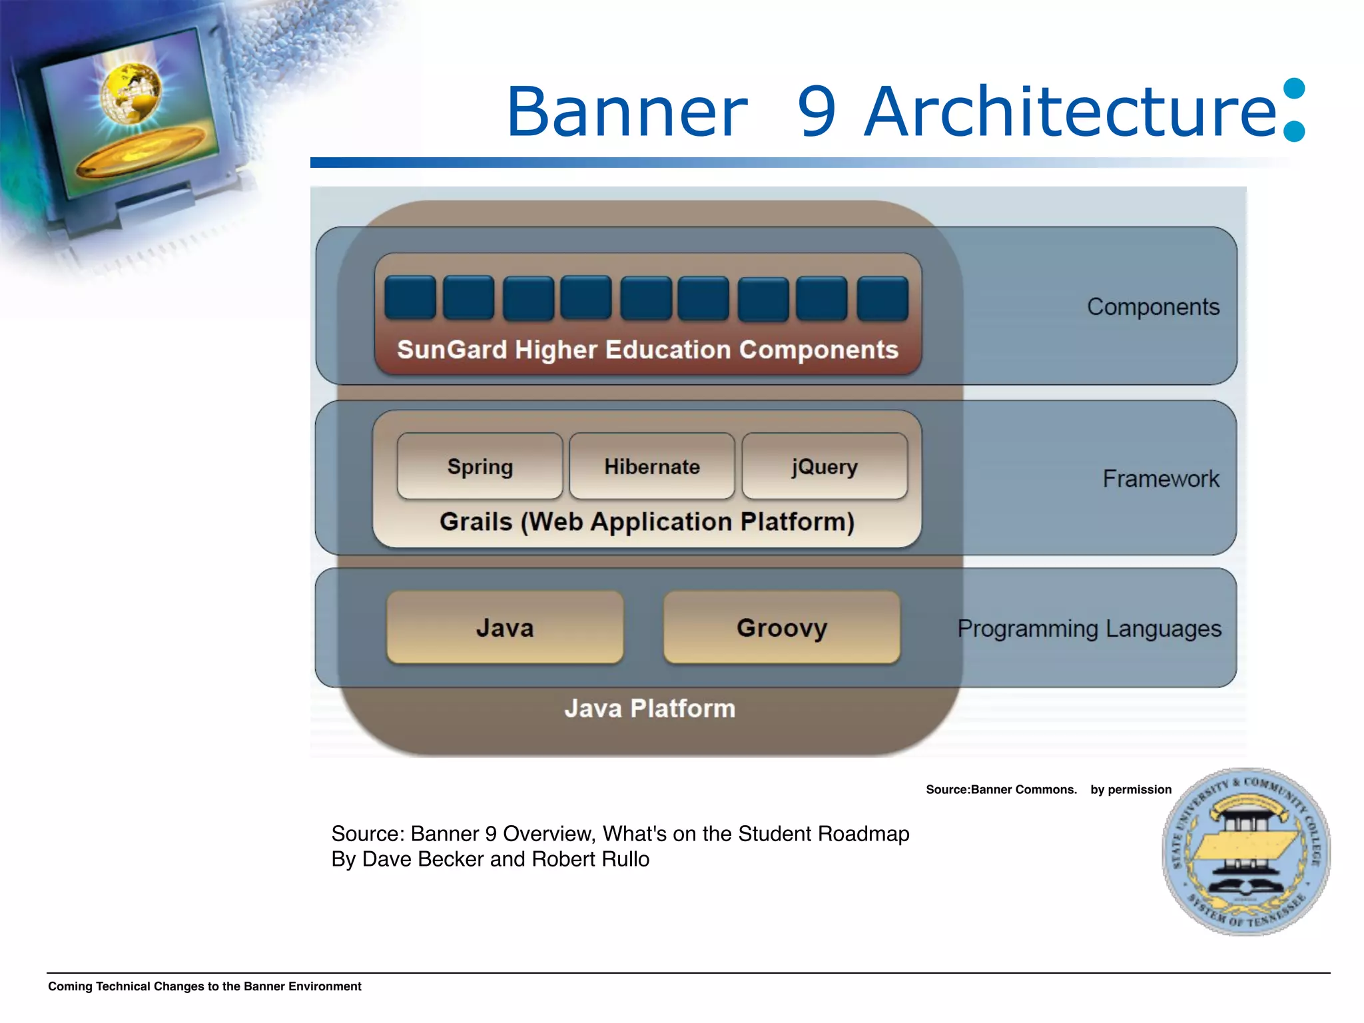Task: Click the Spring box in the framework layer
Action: [480, 466]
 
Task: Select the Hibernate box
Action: [652, 466]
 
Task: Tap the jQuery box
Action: [825, 466]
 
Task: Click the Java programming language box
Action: [505, 627]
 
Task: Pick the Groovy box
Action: [782, 627]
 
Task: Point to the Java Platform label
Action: [649, 709]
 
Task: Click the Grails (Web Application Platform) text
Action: [647, 521]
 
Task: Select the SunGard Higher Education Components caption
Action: [647, 350]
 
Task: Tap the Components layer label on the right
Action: [1153, 307]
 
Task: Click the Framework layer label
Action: [1160, 479]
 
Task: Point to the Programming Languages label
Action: [1089, 629]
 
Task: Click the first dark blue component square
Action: [410, 298]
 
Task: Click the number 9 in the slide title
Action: [817, 112]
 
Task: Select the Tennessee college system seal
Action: [1245, 852]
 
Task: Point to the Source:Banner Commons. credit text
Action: [1001, 790]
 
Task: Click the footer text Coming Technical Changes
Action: [204, 986]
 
